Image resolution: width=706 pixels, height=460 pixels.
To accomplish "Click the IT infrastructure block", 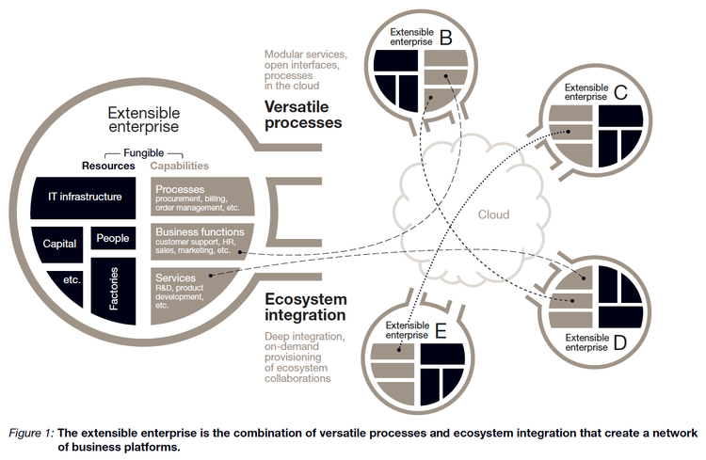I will [x=86, y=197].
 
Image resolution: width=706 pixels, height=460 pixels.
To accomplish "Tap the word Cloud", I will [x=493, y=215].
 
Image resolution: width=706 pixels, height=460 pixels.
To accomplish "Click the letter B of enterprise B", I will [x=445, y=39].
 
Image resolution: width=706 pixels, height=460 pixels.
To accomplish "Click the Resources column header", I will [x=107, y=167].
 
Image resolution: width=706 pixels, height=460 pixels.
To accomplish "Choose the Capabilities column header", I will [x=179, y=167].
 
